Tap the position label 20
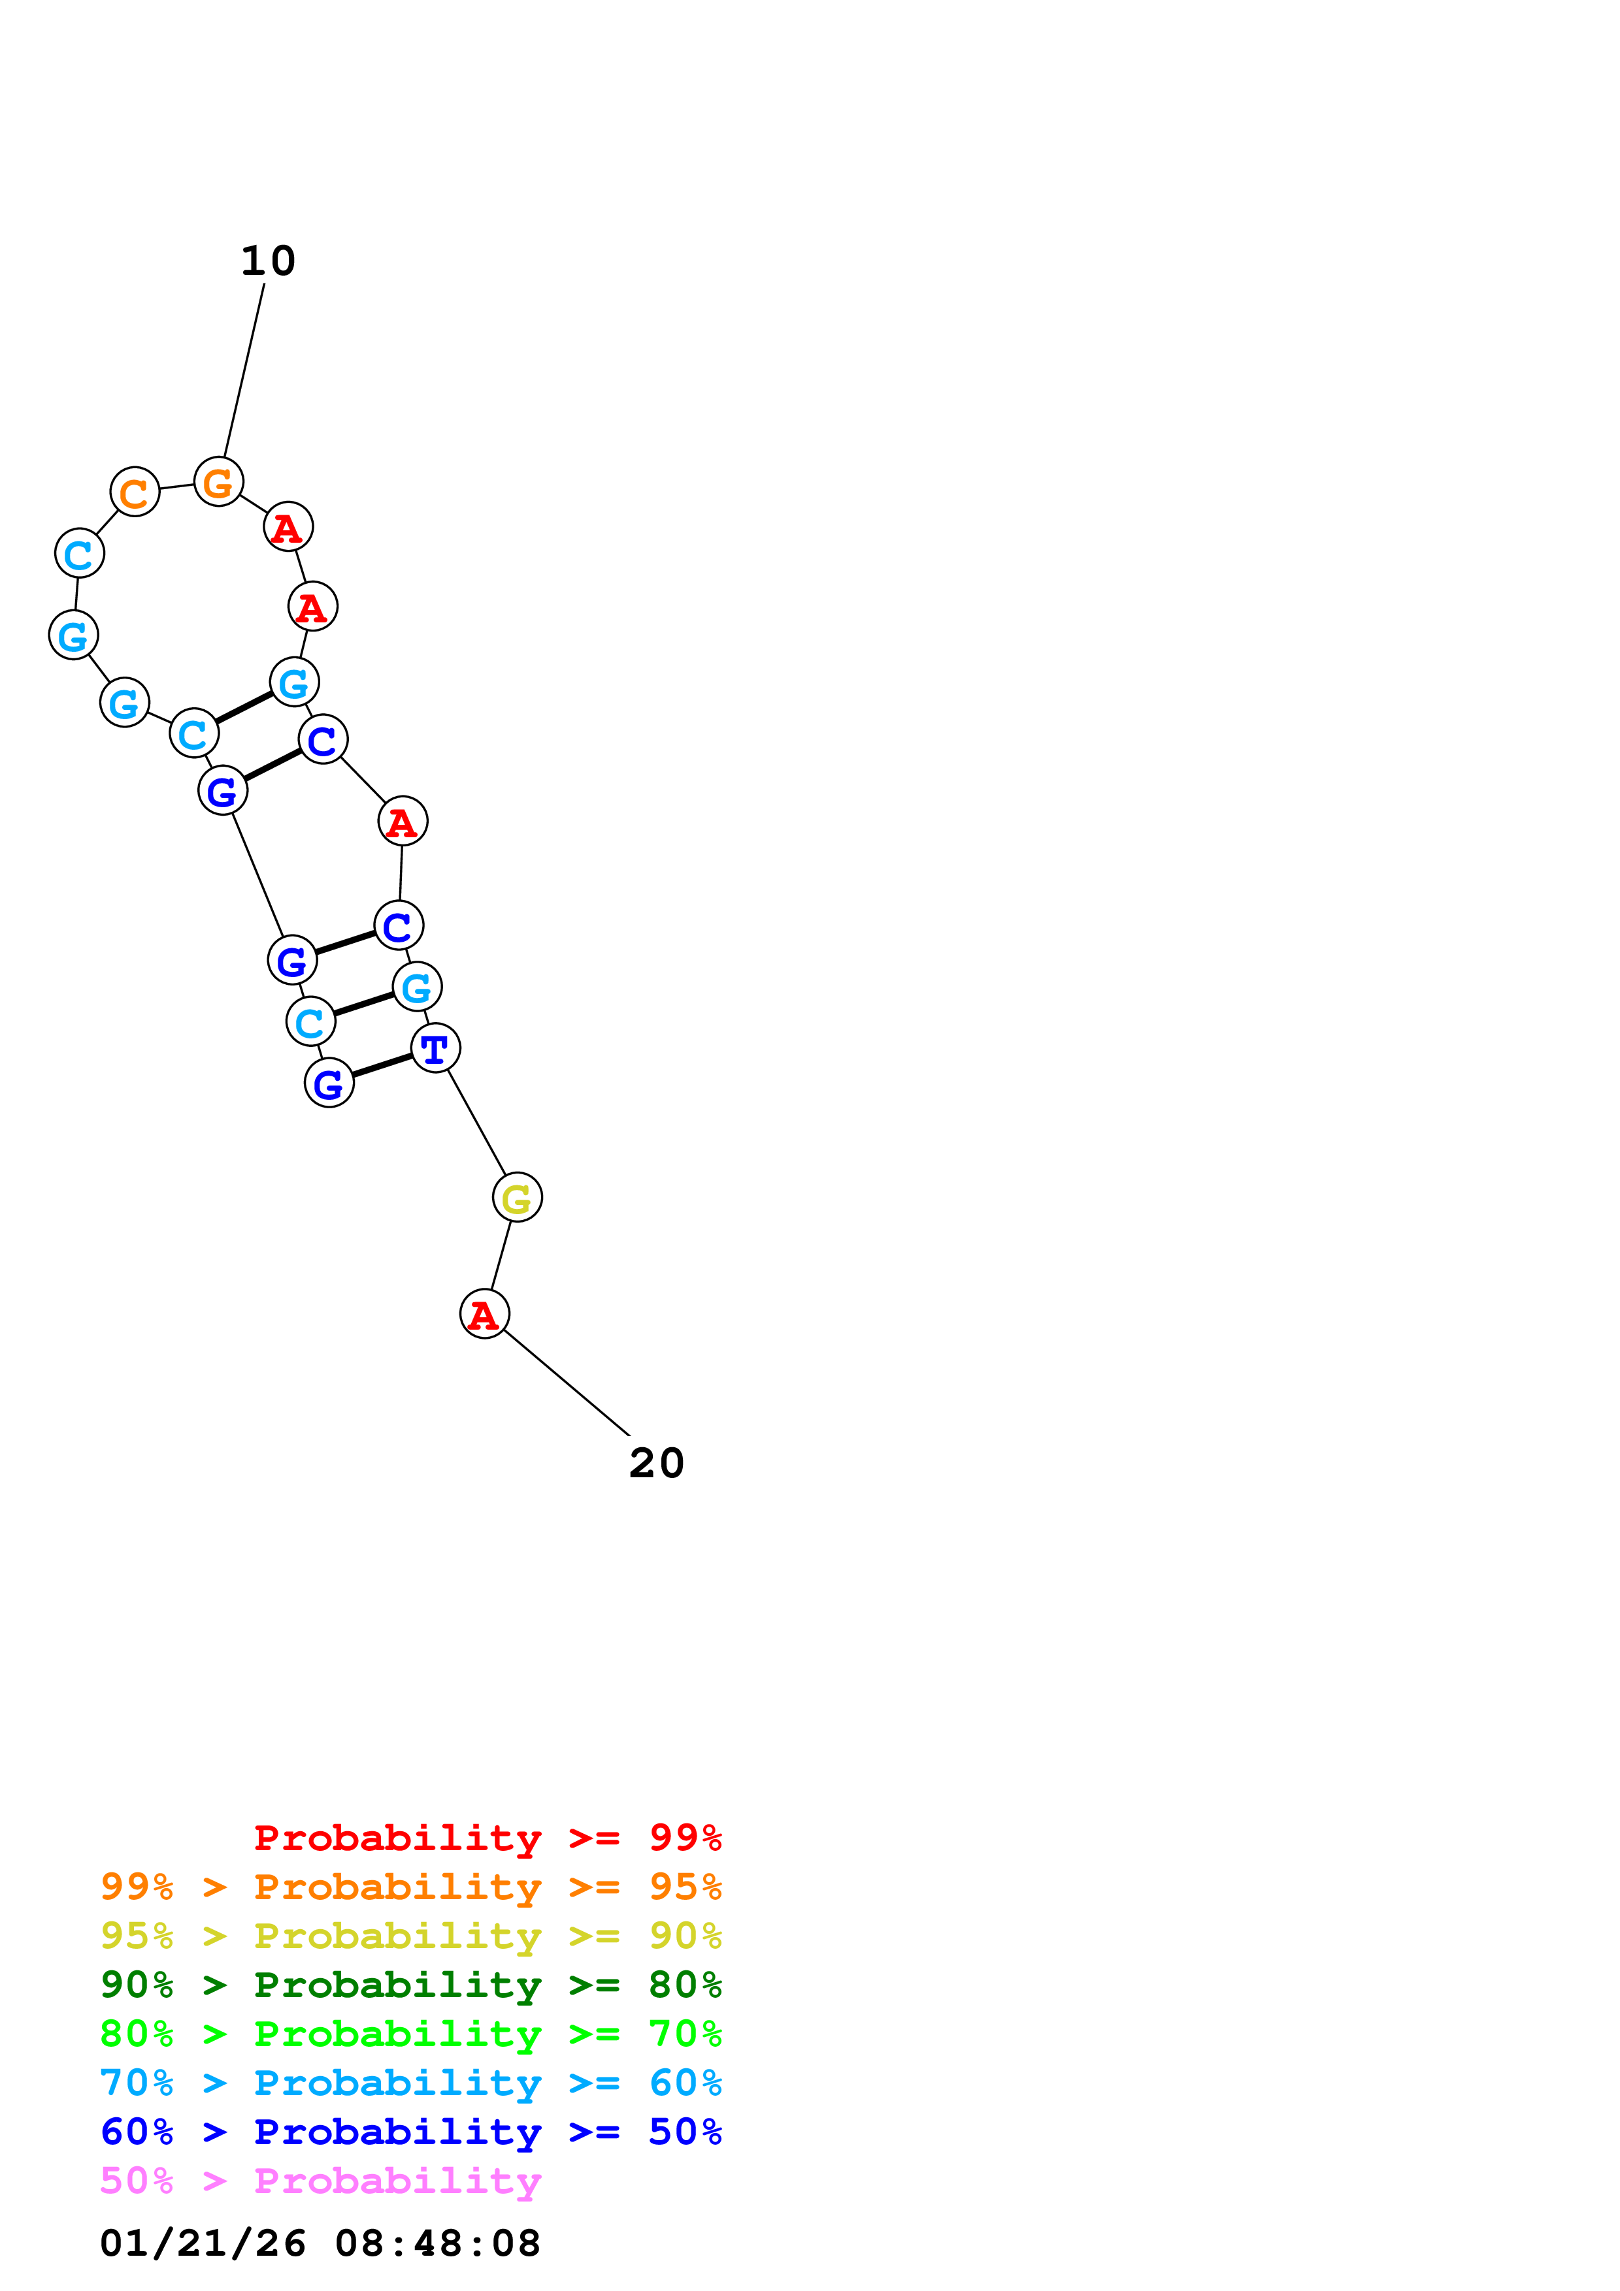(x=656, y=1464)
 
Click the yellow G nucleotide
(x=517, y=1197)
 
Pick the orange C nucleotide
(x=135, y=492)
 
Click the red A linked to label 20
(x=484, y=1314)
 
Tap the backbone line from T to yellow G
(x=476, y=1123)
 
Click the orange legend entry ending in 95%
(x=410, y=1887)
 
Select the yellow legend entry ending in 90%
(x=410, y=1936)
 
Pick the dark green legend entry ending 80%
(x=410, y=1985)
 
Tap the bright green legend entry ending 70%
(x=410, y=2034)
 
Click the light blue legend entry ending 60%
(x=410, y=2083)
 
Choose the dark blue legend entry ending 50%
(x=410, y=2132)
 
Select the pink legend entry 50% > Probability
(x=320, y=2180)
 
